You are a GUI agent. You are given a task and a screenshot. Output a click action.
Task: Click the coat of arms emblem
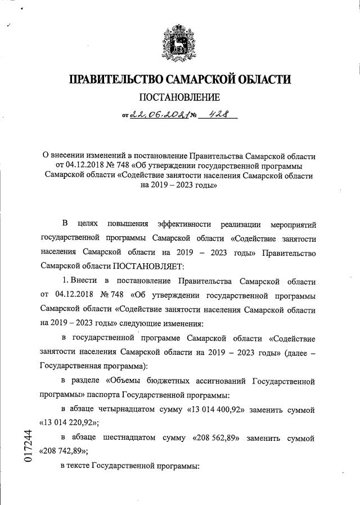click(179, 43)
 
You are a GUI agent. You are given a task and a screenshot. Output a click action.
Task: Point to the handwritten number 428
click(219, 115)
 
